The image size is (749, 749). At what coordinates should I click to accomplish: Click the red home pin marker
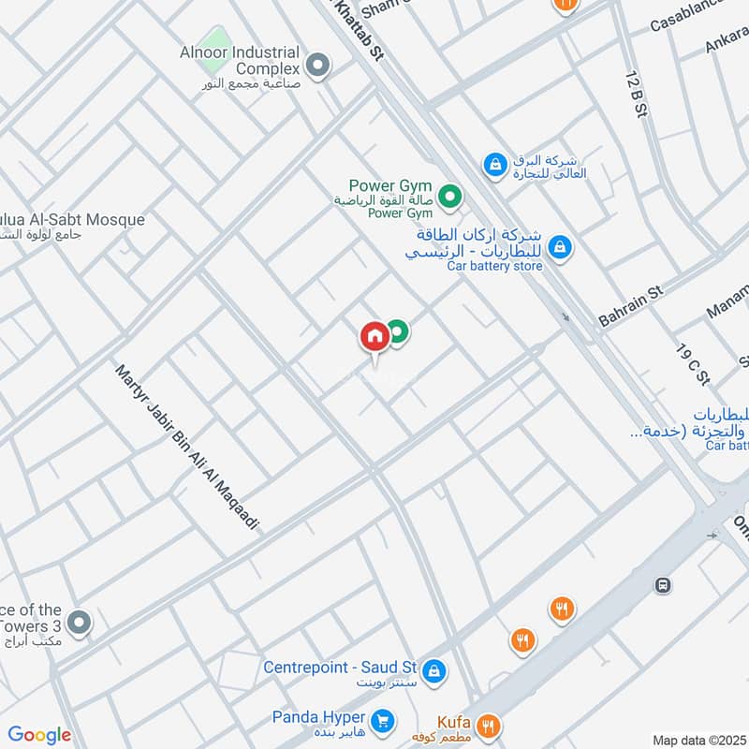click(x=374, y=336)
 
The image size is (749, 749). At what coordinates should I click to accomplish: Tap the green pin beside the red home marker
click(x=398, y=331)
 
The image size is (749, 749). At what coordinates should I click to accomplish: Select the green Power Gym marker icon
click(x=449, y=197)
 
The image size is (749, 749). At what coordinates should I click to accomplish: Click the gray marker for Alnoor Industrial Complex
click(x=318, y=66)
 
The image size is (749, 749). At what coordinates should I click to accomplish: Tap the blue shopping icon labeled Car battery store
click(x=559, y=246)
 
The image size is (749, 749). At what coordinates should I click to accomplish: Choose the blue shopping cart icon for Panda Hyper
click(x=381, y=720)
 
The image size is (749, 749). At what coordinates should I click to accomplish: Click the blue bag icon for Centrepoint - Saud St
click(x=433, y=670)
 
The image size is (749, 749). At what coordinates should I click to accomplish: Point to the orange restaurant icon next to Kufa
click(x=487, y=725)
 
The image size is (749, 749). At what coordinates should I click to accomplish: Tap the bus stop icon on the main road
click(x=663, y=585)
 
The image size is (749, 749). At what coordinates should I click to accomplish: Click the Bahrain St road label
click(x=630, y=306)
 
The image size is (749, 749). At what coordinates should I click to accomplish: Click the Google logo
click(x=39, y=735)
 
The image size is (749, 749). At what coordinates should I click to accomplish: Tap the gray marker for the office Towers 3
click(x=80, y=622)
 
